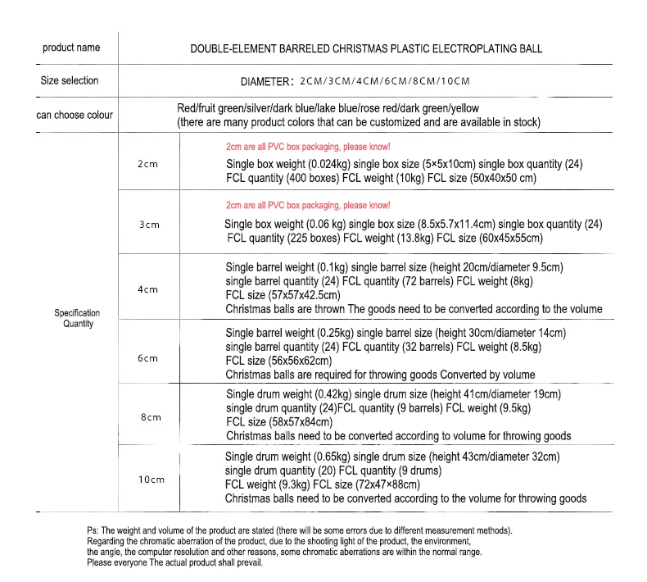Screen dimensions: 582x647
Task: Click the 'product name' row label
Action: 71,48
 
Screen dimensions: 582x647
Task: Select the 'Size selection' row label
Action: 70,80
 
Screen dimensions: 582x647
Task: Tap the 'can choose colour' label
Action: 75,115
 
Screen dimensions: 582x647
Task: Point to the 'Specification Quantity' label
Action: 78,318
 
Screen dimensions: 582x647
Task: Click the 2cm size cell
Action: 147,164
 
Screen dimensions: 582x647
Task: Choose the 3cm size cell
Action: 148,224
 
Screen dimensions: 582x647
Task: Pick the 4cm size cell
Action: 148,289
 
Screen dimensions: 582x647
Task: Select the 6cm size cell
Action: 148,358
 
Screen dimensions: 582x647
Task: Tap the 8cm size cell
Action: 150,417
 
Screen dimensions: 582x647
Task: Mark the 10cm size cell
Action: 151,480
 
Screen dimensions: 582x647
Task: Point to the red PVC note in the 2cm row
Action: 308,146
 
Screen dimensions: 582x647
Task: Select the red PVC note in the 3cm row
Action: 308,205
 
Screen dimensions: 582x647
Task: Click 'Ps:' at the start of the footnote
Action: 93,530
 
